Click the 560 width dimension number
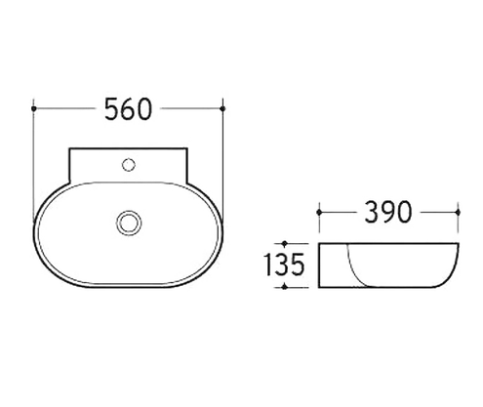(x=129, y=109)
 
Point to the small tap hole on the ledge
(x=128, y=165)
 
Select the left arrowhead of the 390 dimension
(x=320, y=210)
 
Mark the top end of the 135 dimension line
(x=284, y=242)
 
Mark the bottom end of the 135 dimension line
(x=284, y=288)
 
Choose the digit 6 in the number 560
(x=129, y=109)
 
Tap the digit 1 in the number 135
(x=268, y=265)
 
